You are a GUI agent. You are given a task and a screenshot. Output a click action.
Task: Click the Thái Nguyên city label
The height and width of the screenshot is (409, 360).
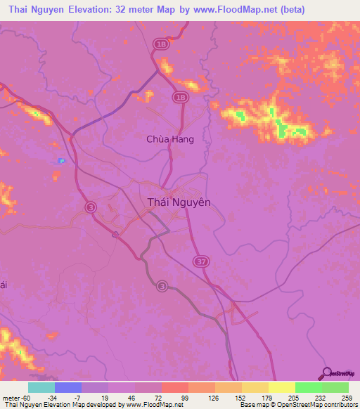point(179,202)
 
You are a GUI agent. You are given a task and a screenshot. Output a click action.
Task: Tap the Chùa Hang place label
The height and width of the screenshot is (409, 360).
point(169,139)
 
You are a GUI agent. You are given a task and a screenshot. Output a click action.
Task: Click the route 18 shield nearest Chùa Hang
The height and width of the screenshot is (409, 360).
point(181,98)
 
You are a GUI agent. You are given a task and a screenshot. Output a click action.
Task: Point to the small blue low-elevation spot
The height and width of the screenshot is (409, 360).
point(61,161)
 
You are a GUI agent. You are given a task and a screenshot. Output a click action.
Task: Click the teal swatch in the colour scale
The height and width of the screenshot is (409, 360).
point(41,388)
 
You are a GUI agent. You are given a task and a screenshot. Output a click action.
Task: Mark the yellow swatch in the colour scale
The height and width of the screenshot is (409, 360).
point(281,388)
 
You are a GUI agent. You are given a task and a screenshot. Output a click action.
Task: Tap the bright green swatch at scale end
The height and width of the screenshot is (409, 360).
point(335,388)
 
